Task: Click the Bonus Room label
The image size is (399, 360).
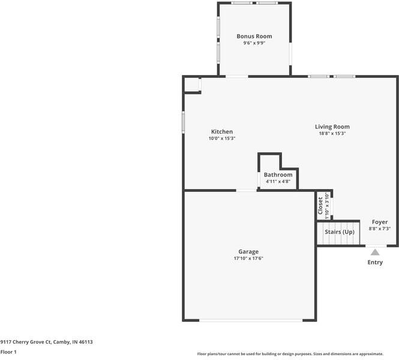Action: [254, 37]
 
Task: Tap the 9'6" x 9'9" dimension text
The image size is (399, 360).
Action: [254, 43]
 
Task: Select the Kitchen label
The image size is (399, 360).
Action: [222, 132]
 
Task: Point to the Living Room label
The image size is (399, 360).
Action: [332, 127]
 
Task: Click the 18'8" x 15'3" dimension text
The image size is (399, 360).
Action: [332, 133]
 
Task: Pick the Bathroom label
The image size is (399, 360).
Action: [278, 175]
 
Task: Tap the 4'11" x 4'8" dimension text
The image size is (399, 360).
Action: [278, 181]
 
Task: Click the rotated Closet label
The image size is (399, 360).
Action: [320, 206]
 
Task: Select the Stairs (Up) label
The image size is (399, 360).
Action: [340, 232]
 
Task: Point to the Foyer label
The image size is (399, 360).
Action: [380, 222]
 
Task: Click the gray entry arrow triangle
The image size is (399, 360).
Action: [375, 252]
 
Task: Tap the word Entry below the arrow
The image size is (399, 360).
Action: [375, 262]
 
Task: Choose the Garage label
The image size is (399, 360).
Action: [248, 251]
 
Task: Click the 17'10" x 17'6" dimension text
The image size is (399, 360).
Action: [248, 258]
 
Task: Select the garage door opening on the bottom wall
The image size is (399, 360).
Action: [251, 320]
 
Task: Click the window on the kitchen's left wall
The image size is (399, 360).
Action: [183, 122]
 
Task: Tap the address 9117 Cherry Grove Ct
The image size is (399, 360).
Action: [26, 342]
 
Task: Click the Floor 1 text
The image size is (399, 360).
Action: [8, 352]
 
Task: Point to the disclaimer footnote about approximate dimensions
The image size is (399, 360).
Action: [290, 354]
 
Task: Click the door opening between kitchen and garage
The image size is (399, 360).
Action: [247, 190]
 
